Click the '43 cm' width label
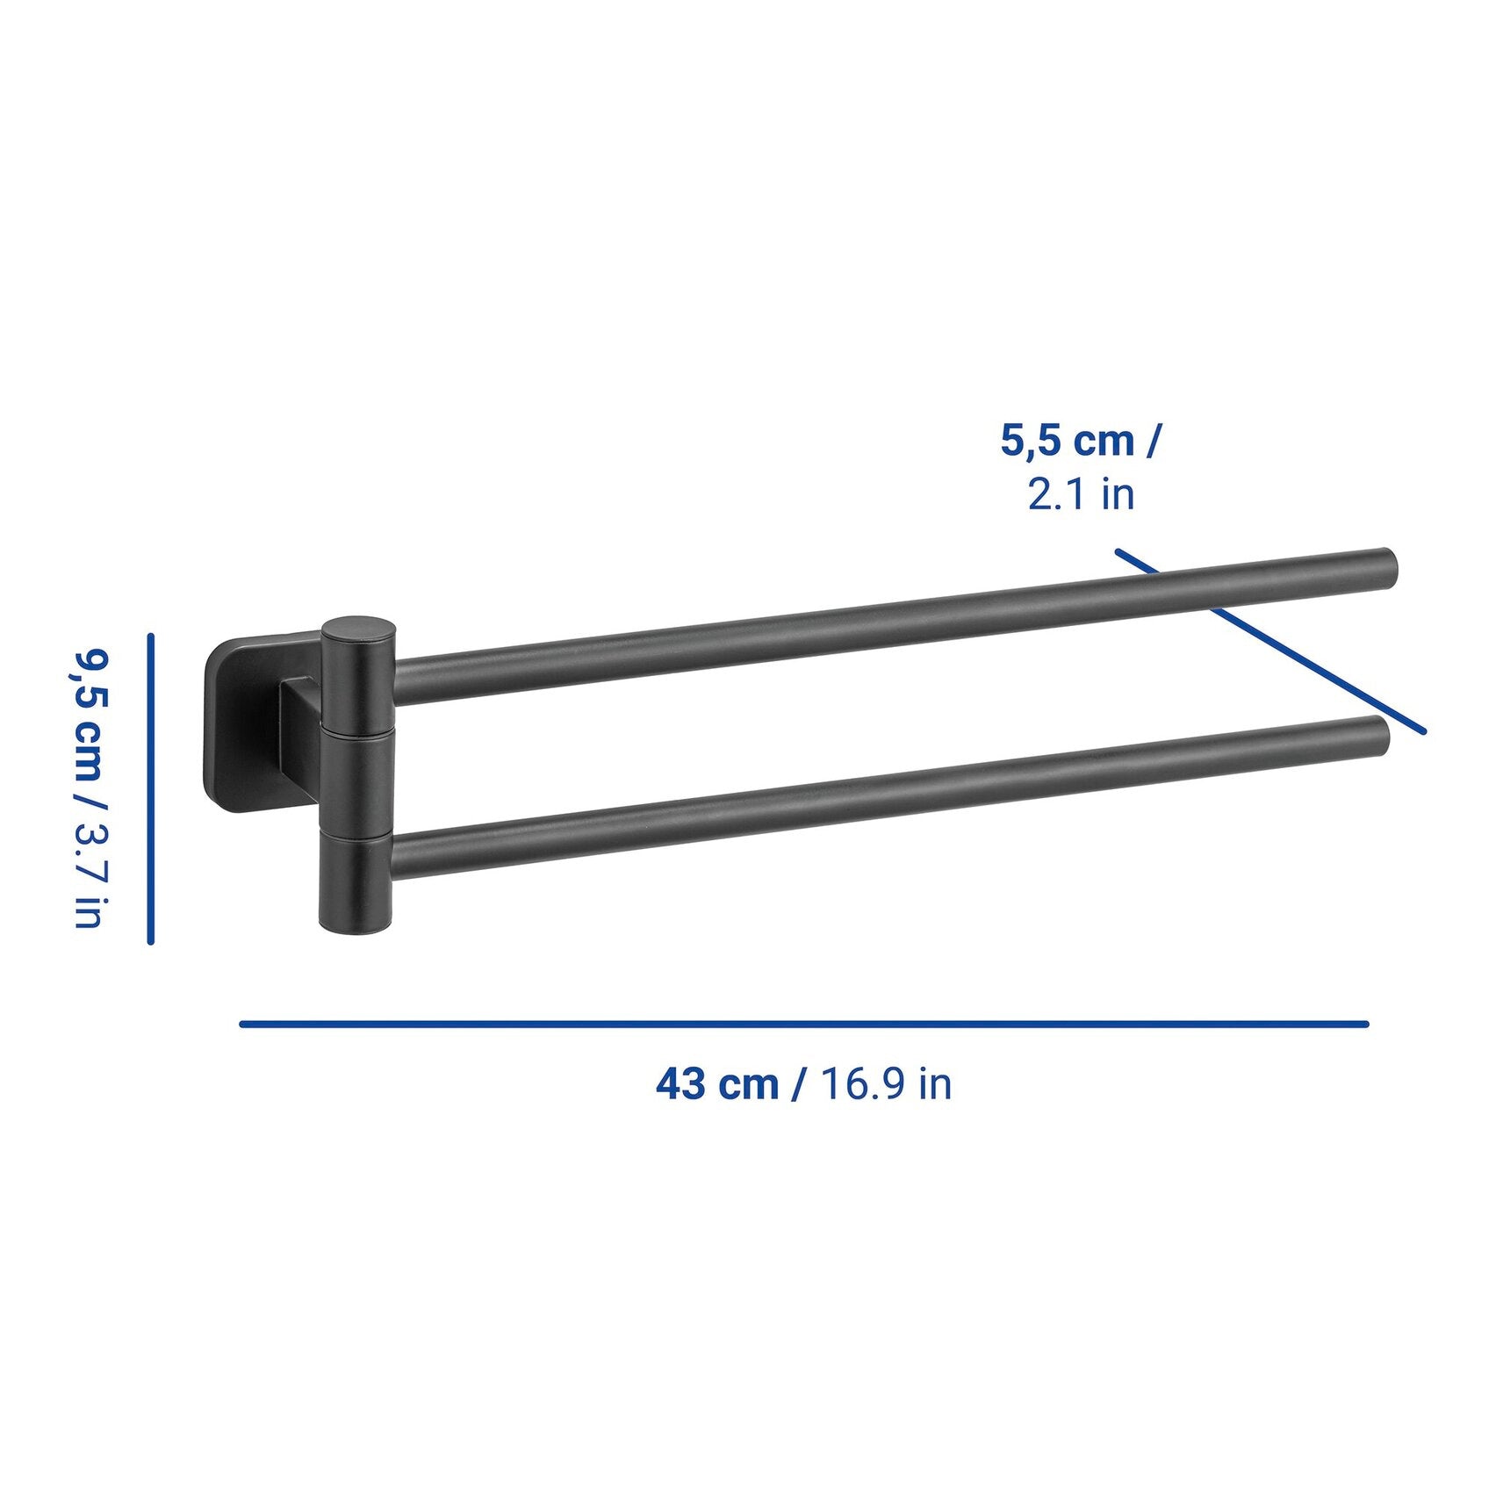[x=717, y=1084]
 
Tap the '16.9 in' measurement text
[x=885, y=1084]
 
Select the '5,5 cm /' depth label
[x=1080, y=441]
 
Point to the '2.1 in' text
[x=1081, y=493]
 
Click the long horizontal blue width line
[x=804, y=1024]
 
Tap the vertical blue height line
[x=151, y=789]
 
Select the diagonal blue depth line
[x=1270, y=641]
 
